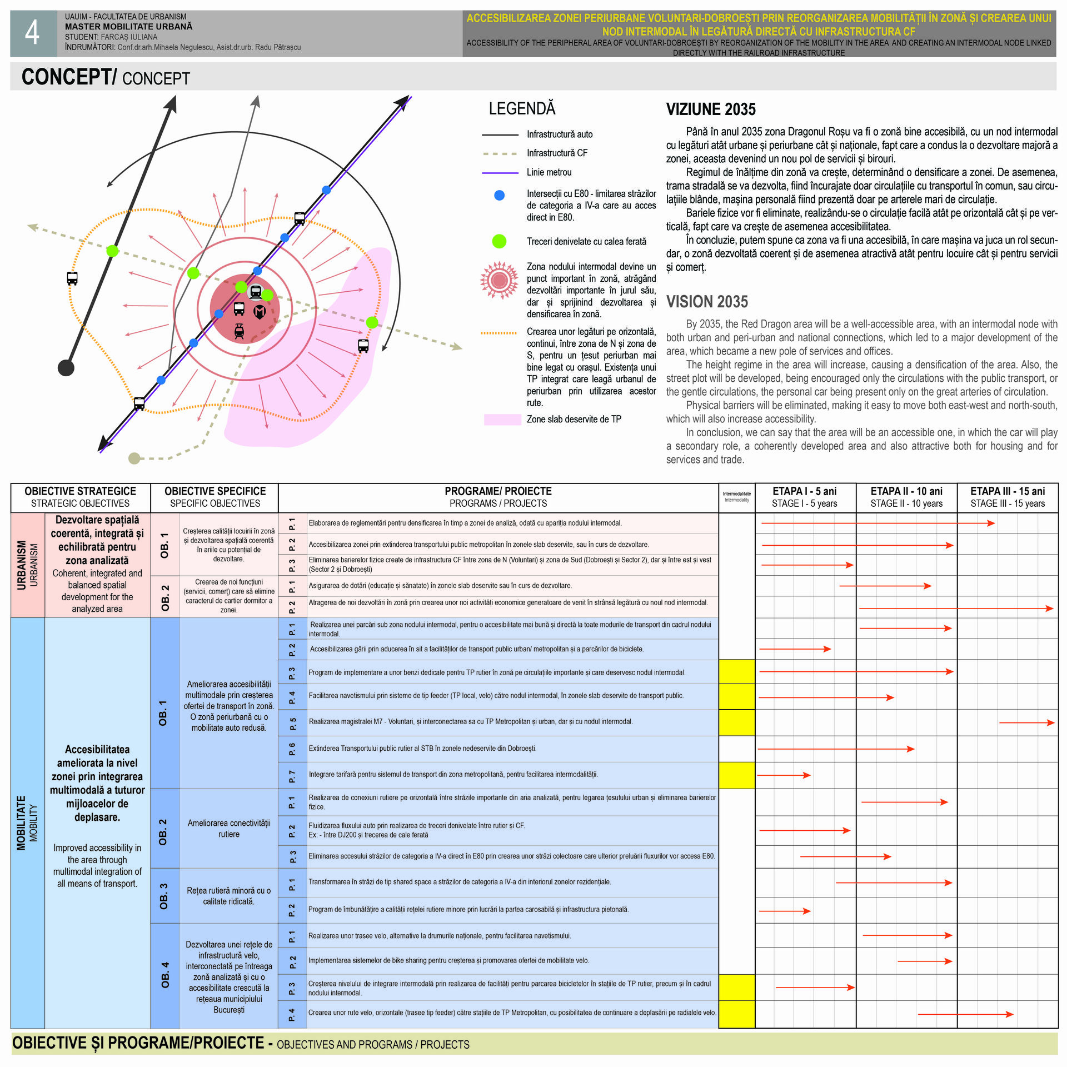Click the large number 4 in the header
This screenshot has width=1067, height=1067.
32,33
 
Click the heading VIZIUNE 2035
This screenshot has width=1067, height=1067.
711,109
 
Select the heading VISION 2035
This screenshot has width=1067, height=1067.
707,302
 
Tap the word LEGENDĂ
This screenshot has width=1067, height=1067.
522,108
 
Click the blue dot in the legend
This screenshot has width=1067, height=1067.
499,195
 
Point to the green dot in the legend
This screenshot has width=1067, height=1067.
499,241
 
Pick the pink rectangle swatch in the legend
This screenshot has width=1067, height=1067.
502,420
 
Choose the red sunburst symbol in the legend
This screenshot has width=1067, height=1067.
499,280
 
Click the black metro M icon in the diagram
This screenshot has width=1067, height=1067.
260,312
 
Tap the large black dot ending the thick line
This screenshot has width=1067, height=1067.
66,367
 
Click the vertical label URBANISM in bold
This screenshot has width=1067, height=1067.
22,565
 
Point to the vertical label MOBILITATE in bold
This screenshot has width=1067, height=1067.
22,823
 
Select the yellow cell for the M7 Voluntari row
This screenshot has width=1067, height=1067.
737,722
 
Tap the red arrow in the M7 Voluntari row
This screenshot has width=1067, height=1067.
1026,722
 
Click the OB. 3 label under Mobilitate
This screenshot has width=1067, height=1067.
163,896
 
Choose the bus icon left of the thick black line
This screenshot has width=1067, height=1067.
72,278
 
